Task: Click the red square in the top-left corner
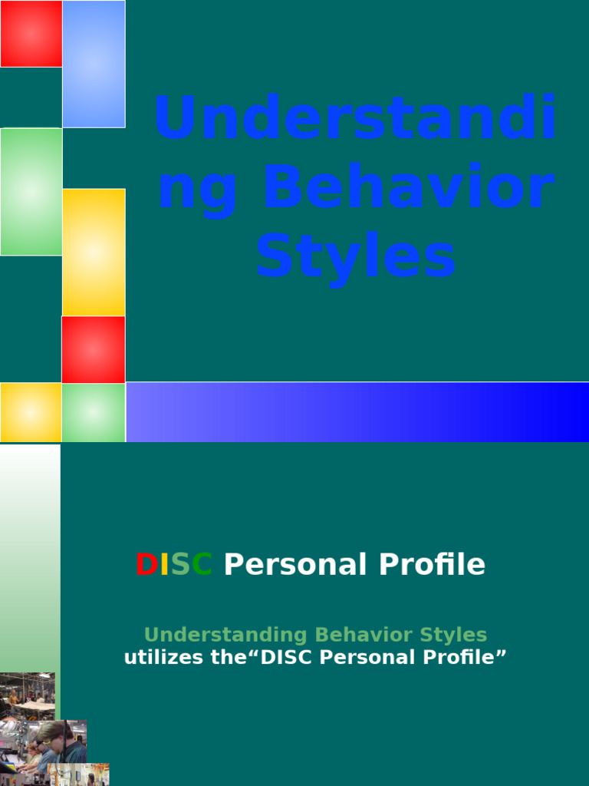point(31,34)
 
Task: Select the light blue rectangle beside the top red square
point(94,64)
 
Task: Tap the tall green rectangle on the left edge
point(31,191)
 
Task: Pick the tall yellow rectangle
point(94,252)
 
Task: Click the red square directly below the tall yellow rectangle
point(94,349)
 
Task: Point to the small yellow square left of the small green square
point(31,412)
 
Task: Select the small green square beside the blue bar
point(94,412)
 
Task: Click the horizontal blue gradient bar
point(357,412)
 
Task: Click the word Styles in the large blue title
point(356,258)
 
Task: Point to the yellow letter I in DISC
point(163,565)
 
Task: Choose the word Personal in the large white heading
point(294,565)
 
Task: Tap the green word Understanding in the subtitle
point(226,635)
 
